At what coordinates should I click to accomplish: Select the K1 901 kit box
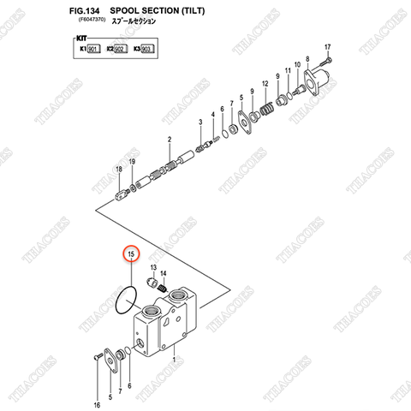(89, 51)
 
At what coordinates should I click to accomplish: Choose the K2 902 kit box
(115, 51)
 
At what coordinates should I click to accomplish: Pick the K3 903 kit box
(142, 51)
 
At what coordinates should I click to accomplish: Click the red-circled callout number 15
(131, 255)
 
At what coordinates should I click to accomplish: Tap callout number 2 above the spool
(170, 140)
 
